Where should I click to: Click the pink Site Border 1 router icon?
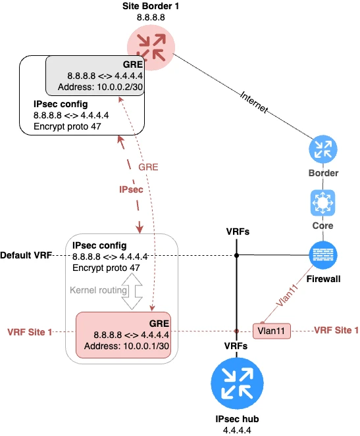151,44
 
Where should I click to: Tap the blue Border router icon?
323,151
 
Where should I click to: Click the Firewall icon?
323,255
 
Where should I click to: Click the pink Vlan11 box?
271,331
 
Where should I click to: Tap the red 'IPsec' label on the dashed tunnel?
132,189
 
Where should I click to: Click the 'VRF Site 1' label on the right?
336,330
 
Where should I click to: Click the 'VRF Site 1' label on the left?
29,332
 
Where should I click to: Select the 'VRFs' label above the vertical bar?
237,231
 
